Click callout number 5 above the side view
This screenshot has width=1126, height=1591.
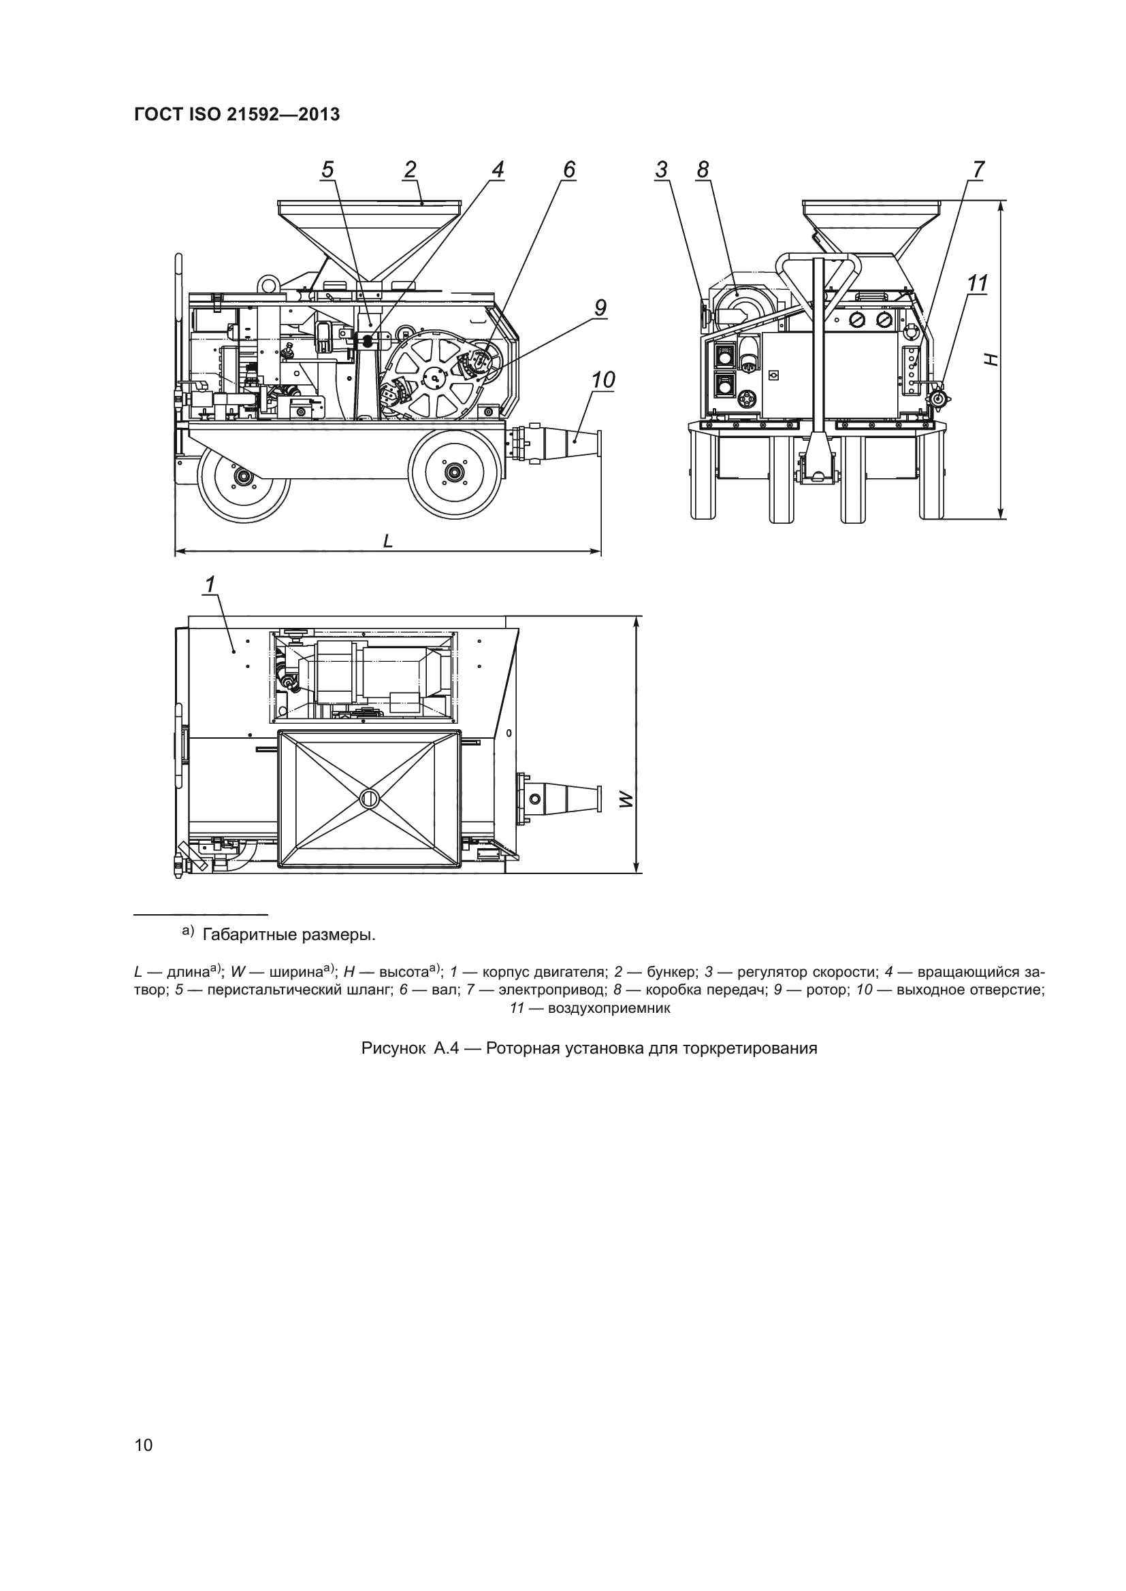point(328,170)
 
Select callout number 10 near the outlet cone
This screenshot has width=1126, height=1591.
point(602,380)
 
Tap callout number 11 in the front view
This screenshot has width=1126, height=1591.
point(977,284)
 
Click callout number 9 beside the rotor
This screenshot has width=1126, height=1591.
point(600,307)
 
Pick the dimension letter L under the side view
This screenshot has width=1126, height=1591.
point(388,541)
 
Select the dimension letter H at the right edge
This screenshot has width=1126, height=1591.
point(992,359)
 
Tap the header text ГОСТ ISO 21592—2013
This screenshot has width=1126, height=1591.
point(236,115)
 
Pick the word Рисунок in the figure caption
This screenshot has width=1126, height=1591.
point(393,1048)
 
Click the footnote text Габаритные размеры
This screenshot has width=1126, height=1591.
point(289,935)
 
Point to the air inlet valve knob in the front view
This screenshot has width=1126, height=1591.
point(941,399)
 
